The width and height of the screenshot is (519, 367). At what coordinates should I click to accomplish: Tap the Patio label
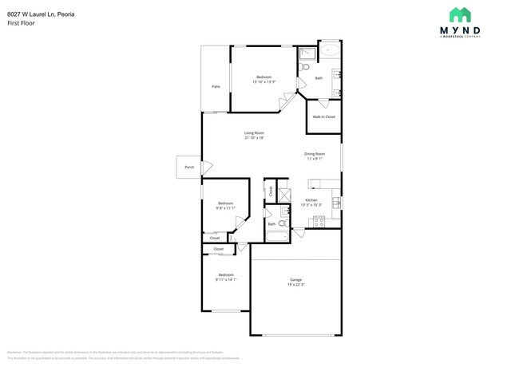point(216,86)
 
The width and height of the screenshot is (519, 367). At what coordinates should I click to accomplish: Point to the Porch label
point(189,167)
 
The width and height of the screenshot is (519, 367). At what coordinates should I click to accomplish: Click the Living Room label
point(254,132)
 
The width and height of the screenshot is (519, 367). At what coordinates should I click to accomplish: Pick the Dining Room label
point(314,153)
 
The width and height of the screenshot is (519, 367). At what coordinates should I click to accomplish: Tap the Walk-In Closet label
point(323,116)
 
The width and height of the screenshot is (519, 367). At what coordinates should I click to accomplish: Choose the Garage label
point(295,279)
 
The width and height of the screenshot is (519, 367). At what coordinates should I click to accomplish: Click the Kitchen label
point(311,199)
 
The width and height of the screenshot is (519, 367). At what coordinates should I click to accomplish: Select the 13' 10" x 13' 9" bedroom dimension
point(263,81)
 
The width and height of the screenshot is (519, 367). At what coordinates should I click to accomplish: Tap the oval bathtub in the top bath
point(330,50)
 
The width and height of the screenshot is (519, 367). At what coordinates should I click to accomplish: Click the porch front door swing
point(207,168)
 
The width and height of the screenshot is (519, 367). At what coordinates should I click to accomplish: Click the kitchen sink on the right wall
point(337,199)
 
